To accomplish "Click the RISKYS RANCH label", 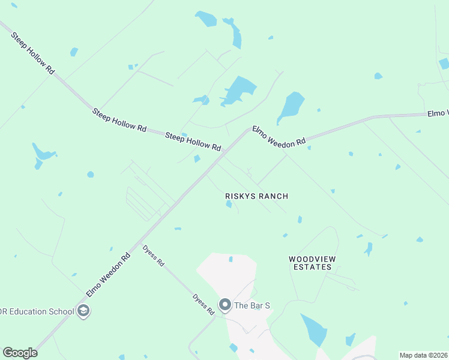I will [x=256, y=196].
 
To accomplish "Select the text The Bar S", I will [x=252, y=305].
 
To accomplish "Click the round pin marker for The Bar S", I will [x=225, y=305].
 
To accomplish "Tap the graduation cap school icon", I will [x=83, y=311].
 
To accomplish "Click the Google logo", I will [x=20, y=353].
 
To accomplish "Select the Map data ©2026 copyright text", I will [x=423, y=355].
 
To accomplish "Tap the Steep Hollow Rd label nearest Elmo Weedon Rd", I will [x=193, y=142].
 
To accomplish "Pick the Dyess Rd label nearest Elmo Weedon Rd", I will [x=153, y=255].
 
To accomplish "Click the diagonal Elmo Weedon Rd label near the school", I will [x=108, y=275].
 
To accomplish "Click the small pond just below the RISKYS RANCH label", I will [x=229, y=205].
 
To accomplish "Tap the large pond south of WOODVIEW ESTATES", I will [x=314, y=329].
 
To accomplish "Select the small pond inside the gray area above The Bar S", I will [x=231, y=259].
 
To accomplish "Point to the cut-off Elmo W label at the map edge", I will [x=438, y=113].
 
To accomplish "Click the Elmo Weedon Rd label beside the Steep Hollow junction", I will [x=279, y=136].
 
